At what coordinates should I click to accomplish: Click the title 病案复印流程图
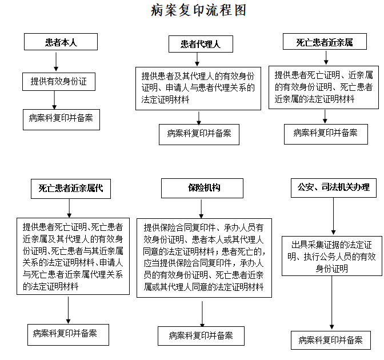(x=198, y=10)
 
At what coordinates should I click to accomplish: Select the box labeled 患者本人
(x=61, y=42)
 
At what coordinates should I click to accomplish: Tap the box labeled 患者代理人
(x=201, y=44)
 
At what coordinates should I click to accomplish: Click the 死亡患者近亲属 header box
(x=325, y=42)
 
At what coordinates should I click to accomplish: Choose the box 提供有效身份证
(x=59, y=82)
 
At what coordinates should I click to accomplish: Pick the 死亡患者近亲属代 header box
(x=71, y=189)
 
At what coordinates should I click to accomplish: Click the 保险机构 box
(x=202, y=188)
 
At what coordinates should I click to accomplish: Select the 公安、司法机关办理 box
(x=334, y=188)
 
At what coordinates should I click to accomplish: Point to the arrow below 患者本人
(x=56, y=62)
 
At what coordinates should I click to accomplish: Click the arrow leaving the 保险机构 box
(x=201, y=209)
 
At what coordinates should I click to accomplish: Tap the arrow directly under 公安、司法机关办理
(x=333, y=216)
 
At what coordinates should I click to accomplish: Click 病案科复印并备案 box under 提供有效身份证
(x=61, y=119)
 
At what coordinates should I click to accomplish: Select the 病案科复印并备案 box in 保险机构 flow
(x=201, y=336)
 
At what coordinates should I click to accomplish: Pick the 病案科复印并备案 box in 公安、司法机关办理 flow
(x=331, y=340)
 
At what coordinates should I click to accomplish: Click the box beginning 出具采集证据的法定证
(x=332, y=256)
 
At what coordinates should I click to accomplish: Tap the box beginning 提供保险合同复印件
(x=204, y=258)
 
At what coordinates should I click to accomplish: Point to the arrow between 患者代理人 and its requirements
(x=197, y=59)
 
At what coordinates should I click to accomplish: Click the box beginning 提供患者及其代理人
(x=198, y=89)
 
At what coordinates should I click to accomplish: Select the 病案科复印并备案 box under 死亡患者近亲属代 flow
(x=68, y=335)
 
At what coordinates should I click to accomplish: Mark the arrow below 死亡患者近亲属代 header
(x=69, y=208)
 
